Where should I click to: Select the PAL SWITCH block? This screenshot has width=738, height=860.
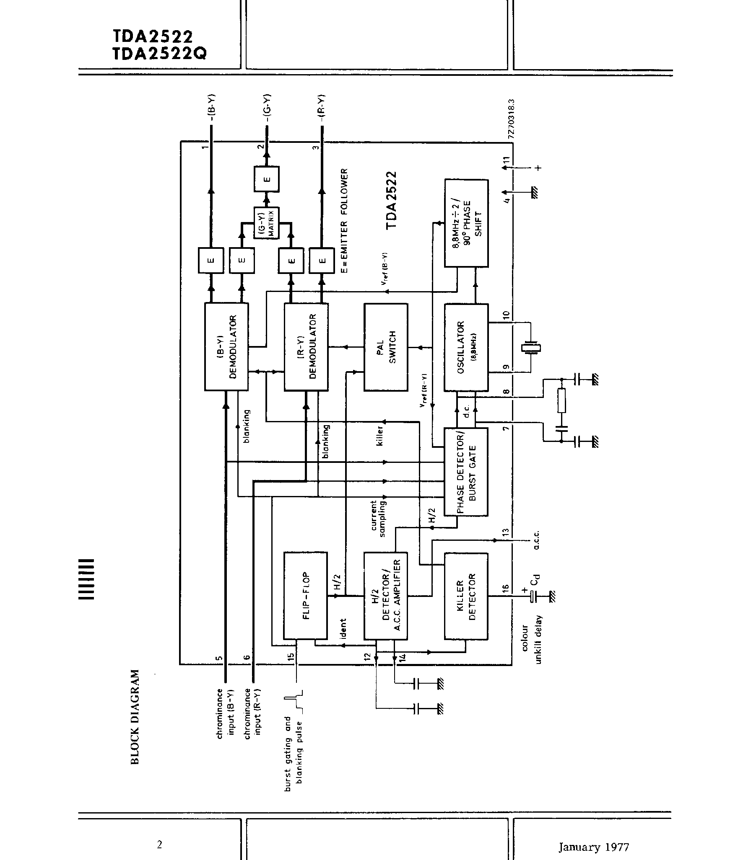385,347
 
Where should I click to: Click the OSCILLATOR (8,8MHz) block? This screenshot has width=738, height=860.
466,347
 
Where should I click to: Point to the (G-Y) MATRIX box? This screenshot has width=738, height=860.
266,223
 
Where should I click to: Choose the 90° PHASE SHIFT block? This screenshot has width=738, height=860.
466,223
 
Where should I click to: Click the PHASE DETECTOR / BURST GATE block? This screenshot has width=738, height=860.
466,471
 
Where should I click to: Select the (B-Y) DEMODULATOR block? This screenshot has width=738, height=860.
226,346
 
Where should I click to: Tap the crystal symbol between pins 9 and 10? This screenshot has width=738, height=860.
530,347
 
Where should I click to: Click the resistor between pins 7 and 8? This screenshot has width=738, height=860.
561,400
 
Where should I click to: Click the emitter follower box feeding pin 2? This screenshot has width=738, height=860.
266,179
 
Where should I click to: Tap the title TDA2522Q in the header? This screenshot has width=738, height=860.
159,54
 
